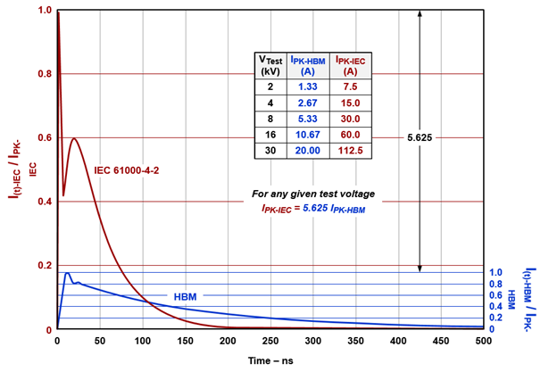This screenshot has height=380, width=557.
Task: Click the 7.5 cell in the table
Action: [350, 87]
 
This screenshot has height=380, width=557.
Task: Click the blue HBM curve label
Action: [186, 296]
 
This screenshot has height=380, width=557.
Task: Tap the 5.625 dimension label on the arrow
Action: [419, 138]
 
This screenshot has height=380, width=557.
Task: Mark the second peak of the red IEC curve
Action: [74, 138]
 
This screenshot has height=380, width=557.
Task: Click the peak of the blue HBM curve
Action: [67, 273]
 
